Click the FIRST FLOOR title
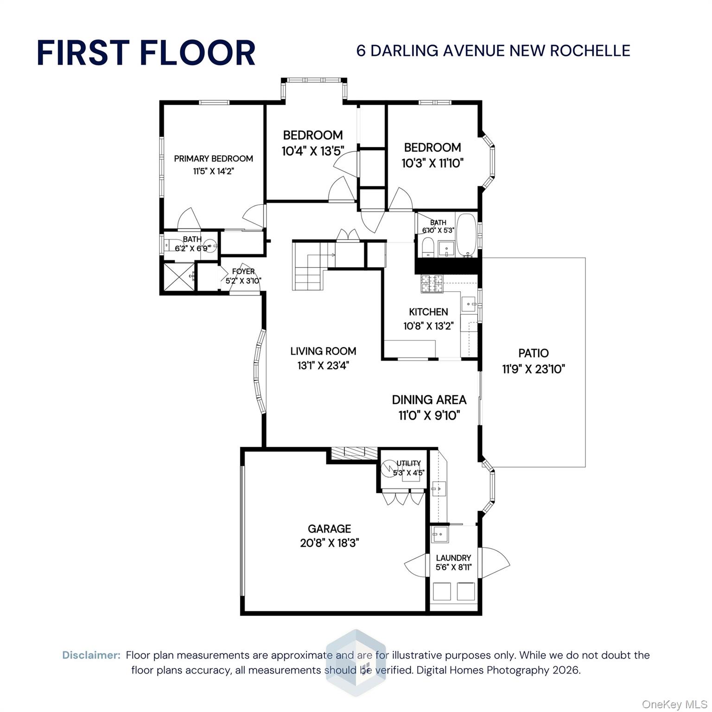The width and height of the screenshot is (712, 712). coord(146,52)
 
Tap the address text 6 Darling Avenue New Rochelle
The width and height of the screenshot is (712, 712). coord(493,51)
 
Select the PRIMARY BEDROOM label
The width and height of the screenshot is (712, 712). coord(213,159)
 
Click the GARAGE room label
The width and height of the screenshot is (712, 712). coord(329,528)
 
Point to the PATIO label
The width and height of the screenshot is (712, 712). coord(533,353)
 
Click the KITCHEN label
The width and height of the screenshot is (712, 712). coord(428,312)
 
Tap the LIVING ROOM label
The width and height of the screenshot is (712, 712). coord(323,351)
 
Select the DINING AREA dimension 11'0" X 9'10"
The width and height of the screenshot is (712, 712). coord(429,415)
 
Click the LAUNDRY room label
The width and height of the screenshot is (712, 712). coord(453,558)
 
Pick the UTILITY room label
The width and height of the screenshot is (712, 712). coord(408,463)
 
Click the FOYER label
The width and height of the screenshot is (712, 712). coord(243,272)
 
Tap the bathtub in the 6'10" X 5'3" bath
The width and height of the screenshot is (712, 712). coord(466,235)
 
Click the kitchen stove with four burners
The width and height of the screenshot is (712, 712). coord(432,284)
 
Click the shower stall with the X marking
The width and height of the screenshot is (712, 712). coord(178,277)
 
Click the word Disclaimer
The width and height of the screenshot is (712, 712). coord(91,655)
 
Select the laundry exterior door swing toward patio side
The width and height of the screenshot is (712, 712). coord(495,563)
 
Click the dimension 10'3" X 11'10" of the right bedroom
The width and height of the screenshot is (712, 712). coord(432,163)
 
